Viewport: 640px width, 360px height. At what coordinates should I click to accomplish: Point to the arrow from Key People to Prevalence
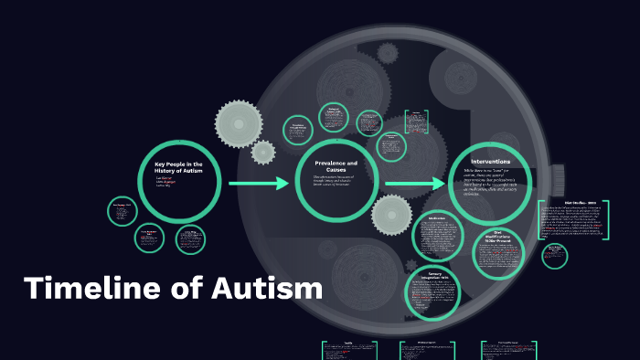click(x=258, y=184)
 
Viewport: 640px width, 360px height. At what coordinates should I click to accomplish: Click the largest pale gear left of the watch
click(x=239, y=120)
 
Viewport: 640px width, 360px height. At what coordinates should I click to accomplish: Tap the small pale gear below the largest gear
click(x=263, y=153)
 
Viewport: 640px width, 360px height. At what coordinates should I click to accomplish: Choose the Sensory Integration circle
click(x=433, y=290)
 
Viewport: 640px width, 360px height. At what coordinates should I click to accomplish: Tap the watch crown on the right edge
click(x=557, y=176)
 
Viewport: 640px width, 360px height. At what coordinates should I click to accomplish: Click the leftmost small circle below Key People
click(x=122, y=211)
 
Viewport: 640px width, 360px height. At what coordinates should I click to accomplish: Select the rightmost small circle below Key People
click(x=191, y=239)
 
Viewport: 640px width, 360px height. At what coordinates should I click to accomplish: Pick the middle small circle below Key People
click(x=150, y=238)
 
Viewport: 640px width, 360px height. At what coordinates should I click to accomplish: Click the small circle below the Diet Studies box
click(x=554, y=256)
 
